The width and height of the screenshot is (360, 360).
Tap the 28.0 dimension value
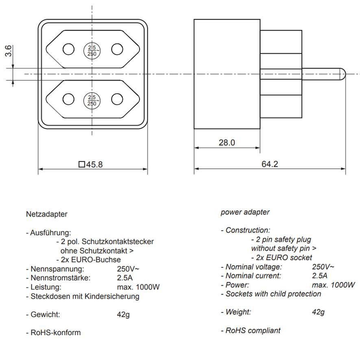[x=227, y=142]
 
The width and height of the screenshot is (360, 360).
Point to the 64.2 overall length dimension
[x=270, y=164]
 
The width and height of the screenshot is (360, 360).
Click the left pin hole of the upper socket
[x=69, y=49]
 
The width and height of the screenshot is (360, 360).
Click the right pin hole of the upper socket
[x=117, y=49]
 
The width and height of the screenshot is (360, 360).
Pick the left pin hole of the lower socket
[x=69, y=99]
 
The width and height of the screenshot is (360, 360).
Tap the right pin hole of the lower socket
[x=117, y=99]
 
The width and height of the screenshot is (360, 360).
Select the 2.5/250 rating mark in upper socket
[x=92, y=50]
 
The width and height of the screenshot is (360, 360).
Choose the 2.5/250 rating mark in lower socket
[x=92, y=100]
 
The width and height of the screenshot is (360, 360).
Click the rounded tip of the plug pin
[x=343, y=74]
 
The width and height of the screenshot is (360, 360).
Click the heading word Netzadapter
[x=46, y=214]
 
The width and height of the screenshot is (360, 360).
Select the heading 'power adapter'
[x=245, y=212]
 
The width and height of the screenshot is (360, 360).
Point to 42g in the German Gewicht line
[x=123, y=314]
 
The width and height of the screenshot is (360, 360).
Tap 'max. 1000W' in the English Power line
[x=334, y=285]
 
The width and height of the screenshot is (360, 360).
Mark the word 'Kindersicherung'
[x=114, y=297]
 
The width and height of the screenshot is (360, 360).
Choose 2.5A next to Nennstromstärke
[x=125, y=278]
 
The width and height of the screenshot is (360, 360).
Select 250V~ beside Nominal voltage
[x=323, y=267]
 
